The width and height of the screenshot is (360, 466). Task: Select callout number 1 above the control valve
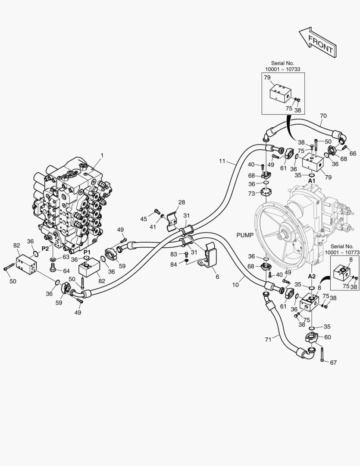point(102,155)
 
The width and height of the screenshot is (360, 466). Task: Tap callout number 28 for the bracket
point(182,202)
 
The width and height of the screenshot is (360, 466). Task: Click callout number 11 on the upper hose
point(222,161)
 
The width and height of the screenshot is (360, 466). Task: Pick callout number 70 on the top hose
point(323,116)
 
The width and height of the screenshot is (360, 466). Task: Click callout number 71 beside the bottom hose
point(268,340)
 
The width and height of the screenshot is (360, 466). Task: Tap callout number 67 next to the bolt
point(333,362)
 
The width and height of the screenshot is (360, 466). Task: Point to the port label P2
point(45,249)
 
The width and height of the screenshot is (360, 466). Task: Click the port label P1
point(87,252)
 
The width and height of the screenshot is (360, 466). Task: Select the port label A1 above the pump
point(312,180)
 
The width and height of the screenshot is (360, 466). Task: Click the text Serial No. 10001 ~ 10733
point(282,66)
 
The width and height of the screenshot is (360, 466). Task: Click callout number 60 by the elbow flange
point(328,337)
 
